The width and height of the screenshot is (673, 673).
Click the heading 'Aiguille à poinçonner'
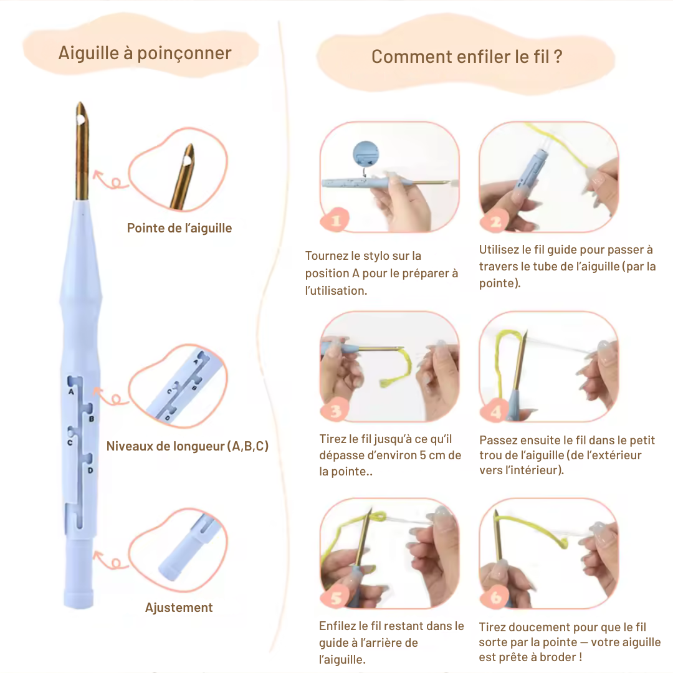click(x=145, y=53)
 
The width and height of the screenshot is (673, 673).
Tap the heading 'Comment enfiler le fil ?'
click(x=467, y=57)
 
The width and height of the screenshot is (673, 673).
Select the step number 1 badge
click(x=335, y=221)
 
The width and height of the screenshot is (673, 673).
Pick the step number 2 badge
click(x=495, y=221)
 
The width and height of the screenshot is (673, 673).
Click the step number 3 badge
click(x=335, y=411)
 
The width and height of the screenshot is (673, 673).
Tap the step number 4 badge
click(x=495, y=412)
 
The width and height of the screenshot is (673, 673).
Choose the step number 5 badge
click(x=335, y=598)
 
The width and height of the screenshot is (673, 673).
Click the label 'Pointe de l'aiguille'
click(x=179, y=228)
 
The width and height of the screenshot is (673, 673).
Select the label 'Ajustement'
click(x=179, y=608)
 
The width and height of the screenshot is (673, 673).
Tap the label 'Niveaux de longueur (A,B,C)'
click(x=188, y=446)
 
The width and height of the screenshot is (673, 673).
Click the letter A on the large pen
click(x=71, y=392)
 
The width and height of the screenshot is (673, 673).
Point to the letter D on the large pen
click(x=90, y=470)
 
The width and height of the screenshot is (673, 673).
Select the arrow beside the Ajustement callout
click(x=110, y=560)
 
